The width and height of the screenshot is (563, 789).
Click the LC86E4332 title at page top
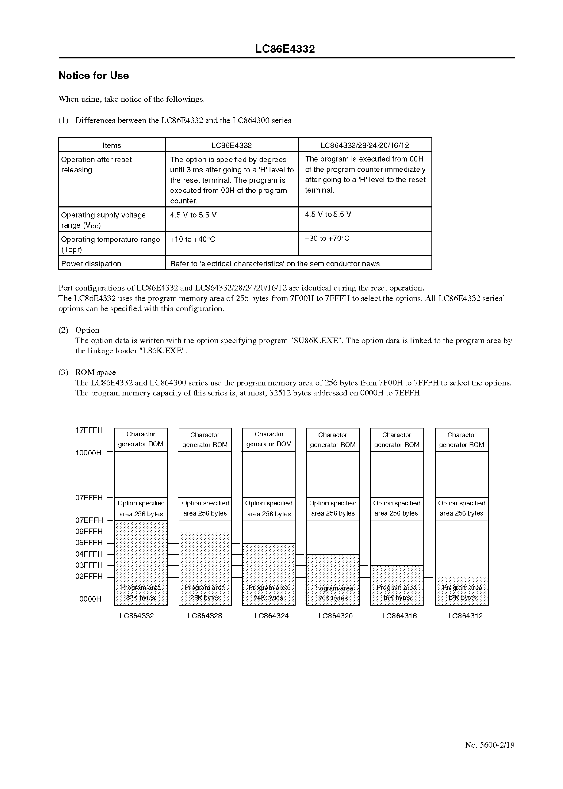click(285, 49)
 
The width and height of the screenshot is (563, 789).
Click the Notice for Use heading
click(94, 75)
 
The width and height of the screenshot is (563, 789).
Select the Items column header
click(112, 146)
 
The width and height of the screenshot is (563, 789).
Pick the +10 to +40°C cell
click(193, 239)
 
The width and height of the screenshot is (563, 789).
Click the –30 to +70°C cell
click(327, 239)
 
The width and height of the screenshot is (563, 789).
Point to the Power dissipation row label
click(91, 263)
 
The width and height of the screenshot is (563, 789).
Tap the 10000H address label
click(89, 453)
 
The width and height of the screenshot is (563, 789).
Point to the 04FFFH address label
click(89, 554)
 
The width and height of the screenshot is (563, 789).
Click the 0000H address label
click(90, 599)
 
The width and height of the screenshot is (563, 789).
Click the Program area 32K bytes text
click(141, 593)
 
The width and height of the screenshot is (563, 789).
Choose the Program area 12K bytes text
click(462, 593)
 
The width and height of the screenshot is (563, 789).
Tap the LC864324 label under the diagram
click(271, 616)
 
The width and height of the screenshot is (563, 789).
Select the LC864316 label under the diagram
click(399, 616)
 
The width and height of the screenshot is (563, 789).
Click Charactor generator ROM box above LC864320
click(333, 440)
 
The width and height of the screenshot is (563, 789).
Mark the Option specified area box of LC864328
click(205, 508)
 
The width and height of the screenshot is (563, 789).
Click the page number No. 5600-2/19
click(489, 745)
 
